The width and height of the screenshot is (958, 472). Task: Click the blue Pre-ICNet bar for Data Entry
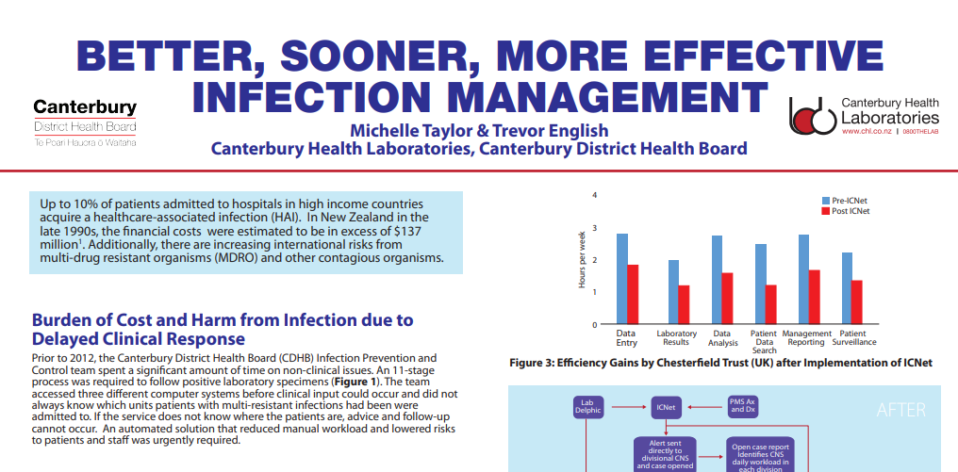point(622,279)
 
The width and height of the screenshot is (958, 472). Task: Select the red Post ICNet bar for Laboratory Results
point(684,304)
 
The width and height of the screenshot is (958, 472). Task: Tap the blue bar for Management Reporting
point(803,279)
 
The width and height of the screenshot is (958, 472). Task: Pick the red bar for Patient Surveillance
point(857,301)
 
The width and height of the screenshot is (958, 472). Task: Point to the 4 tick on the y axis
point(595,195)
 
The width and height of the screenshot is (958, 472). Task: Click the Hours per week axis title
point(583,259)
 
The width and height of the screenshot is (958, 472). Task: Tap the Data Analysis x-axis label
point(723,338)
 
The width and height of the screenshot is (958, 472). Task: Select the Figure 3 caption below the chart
point(720,363)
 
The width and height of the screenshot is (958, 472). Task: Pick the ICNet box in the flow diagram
point(666,407)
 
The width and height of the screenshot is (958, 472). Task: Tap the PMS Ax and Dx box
point(743,407)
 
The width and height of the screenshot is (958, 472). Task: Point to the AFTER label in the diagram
point(900,410)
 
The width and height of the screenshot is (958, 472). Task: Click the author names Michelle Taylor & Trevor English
point(479,130)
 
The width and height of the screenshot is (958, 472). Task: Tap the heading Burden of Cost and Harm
point(223,330)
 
